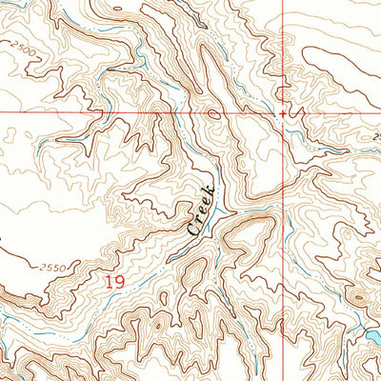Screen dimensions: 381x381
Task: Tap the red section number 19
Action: click(114, 281)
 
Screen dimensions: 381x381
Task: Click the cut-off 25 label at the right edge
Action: click(376, 137)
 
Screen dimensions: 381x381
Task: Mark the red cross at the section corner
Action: click(283, 112)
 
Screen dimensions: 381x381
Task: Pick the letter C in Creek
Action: click(191, 229)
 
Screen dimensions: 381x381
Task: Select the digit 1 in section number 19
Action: click(109, 281)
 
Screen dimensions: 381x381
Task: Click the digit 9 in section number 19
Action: click(119, 281)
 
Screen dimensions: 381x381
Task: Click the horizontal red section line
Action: click(95, 111)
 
